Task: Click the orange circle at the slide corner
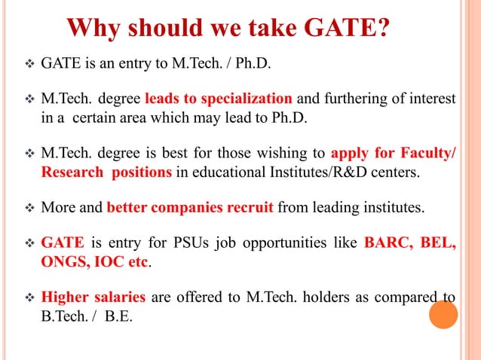(443, 313)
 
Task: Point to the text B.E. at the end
(118, 315)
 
